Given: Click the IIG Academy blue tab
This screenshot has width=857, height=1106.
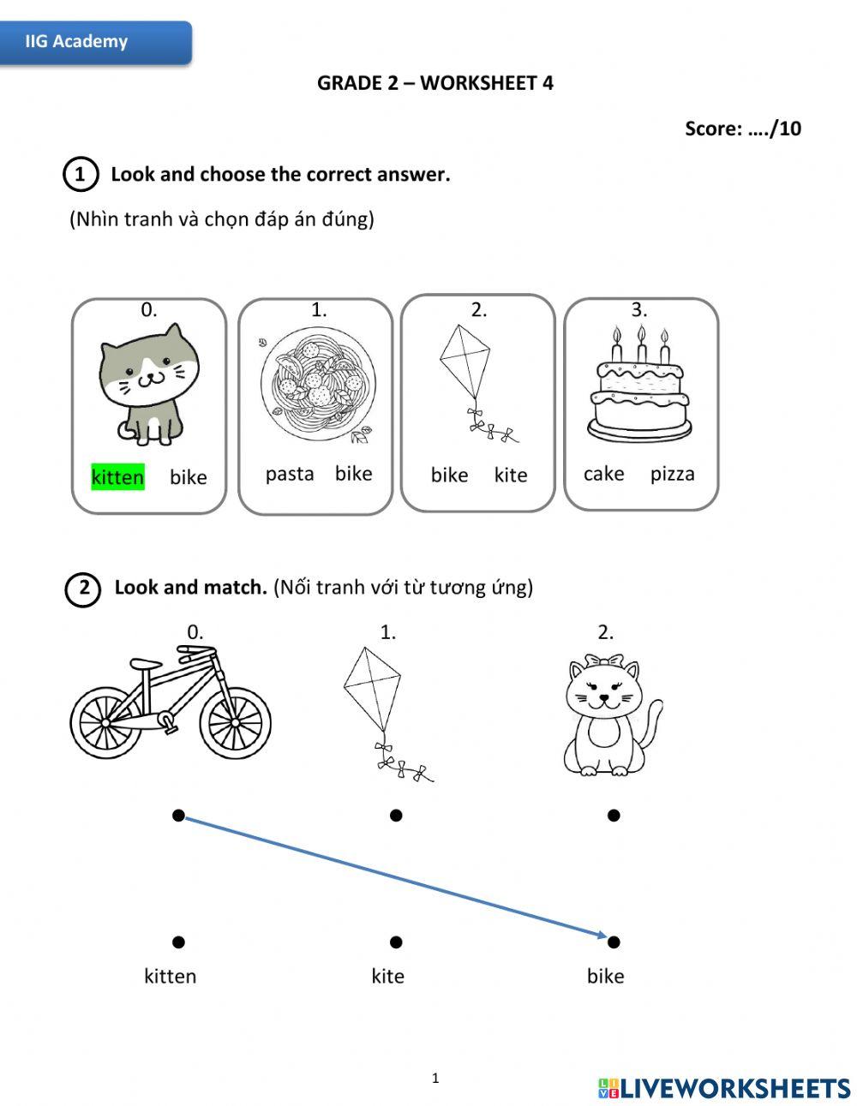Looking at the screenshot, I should [x=94, y=42].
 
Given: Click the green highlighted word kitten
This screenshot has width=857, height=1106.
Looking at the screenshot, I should [x=117, y=477].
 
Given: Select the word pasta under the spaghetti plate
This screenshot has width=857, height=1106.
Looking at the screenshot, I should [x=290, y=474].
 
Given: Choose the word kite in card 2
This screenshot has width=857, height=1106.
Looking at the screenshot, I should [x=511, y=475].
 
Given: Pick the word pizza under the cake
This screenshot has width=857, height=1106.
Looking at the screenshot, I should [x=672, y=474].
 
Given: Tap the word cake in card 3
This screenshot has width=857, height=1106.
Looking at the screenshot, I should [x=603, y=474].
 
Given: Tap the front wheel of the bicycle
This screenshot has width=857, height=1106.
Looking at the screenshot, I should [x=235, y=722].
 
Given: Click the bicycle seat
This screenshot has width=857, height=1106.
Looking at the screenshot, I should [x=145, y=664].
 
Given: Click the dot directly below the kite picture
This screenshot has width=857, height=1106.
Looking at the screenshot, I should [x=396, y=816].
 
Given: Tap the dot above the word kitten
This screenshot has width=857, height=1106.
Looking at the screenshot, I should [x=178, y=942].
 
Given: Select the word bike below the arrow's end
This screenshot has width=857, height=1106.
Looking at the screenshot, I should [x=605, y=976].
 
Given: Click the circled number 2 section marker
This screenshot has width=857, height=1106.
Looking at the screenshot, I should [x=83, y=589].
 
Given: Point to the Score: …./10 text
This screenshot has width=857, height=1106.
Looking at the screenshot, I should [x=742, y=129].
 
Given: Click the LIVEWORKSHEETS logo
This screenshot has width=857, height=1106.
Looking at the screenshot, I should [x=724, y=1088].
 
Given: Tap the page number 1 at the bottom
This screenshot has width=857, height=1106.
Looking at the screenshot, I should [x=435, y=1078].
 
